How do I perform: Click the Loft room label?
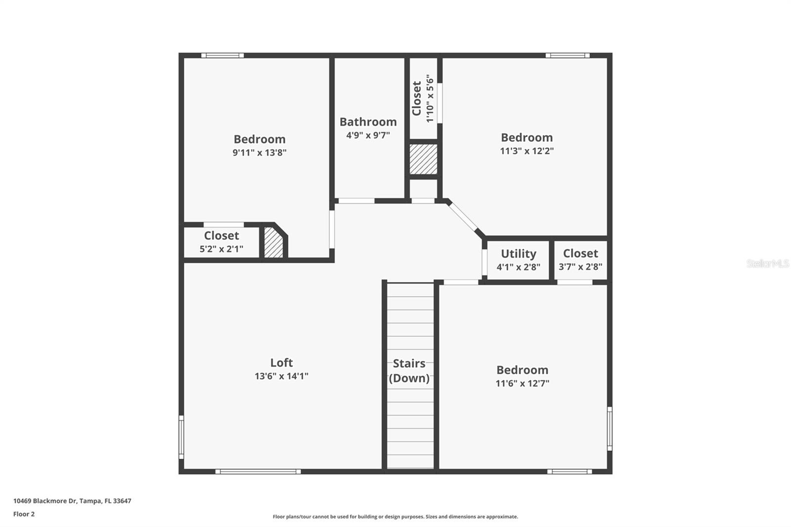[281, 362]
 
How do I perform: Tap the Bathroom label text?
[368, 122]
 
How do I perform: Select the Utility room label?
[518, 254]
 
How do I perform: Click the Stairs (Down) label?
[409, 371]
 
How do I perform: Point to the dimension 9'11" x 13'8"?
[260, 152]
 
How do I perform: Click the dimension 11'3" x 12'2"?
[527, 151]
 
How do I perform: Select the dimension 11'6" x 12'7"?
[523, 383]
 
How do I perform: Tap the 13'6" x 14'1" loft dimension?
[281, 376]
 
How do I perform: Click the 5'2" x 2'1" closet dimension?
[221, 249]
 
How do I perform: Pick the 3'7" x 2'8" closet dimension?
[580, 266]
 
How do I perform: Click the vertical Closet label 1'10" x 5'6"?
[423, 98]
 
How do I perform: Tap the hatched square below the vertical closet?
[423, 159]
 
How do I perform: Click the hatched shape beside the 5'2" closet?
[273, 243]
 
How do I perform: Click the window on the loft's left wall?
[181, 437]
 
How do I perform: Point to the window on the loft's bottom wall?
[258, 472]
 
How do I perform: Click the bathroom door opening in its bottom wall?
[355, 201]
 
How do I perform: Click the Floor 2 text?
[24, 514]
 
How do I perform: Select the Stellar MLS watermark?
[767, 263]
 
